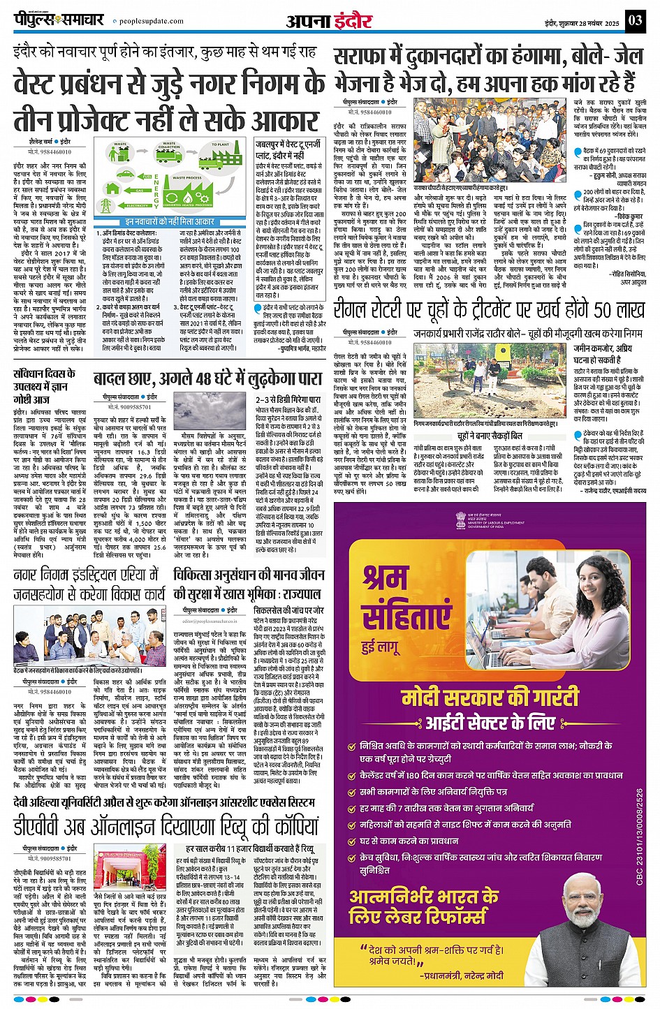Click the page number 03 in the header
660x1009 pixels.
634,20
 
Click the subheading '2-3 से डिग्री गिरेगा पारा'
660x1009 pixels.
287,399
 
